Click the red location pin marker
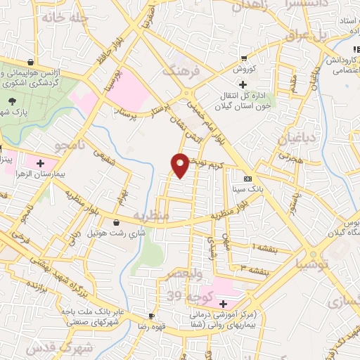click(180, 164)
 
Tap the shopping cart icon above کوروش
click(243, 58)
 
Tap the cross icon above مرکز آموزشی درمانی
click(223, 304)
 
